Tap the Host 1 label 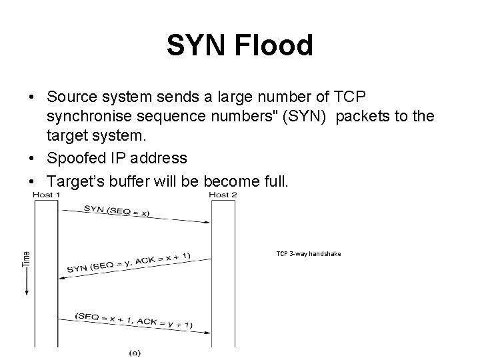pos(47,195)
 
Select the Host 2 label pos(223,195)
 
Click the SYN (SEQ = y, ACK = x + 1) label pos(131,265)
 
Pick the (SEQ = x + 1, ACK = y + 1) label pos(134,320)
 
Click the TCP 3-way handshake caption pos(309,254)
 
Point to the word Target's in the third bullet pos(75,180)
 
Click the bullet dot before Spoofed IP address pos(33,159)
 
